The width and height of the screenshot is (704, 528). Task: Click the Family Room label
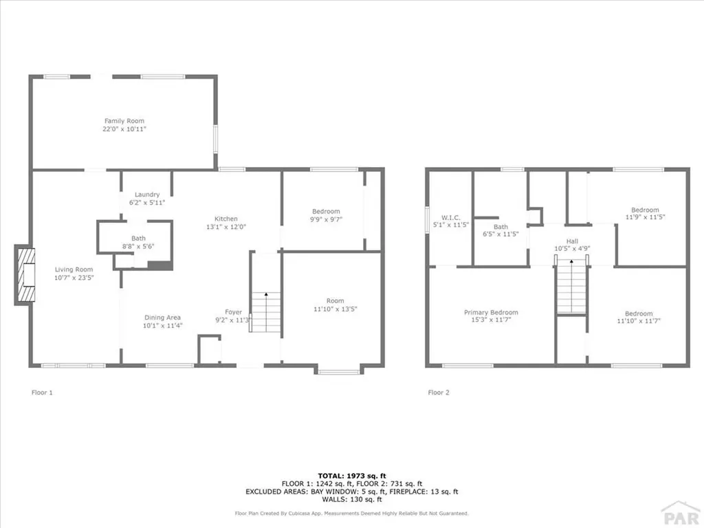tap(124, 121)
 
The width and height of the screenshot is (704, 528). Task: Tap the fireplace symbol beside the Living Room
tap(25, 275)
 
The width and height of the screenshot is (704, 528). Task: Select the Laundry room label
tap(147, 195)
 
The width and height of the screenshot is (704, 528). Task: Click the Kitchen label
tap(225, 218)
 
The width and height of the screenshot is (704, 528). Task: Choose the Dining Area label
tap(162, 318)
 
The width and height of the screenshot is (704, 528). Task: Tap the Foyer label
tap(234, 312)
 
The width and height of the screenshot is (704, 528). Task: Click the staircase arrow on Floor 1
tap(266, 296)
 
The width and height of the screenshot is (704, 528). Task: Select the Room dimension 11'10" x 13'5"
tap(335, 309)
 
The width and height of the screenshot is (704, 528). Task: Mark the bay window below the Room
tap(338, 372)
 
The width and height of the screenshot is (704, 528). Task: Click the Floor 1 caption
tap(42, 393)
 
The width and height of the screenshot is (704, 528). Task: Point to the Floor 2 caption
tap(439, 393)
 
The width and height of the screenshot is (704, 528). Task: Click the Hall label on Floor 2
tap(572, 241)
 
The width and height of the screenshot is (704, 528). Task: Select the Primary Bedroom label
tap(491, 313)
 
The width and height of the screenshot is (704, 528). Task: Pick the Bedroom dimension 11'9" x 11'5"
tap(645, 217)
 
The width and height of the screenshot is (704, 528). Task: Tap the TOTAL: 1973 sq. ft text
tap(351, 476)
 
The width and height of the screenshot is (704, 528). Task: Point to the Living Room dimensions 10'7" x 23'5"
tap(74, 278)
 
